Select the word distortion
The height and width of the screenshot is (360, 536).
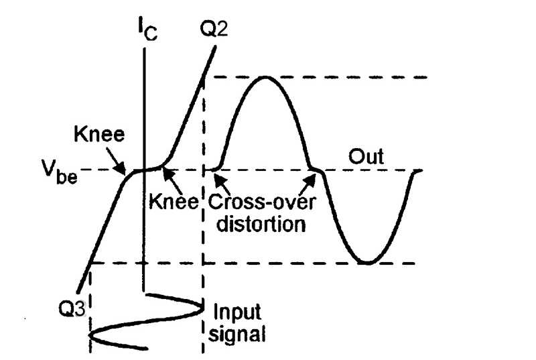pos(257,223)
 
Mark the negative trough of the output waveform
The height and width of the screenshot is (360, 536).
pos(366,262)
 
